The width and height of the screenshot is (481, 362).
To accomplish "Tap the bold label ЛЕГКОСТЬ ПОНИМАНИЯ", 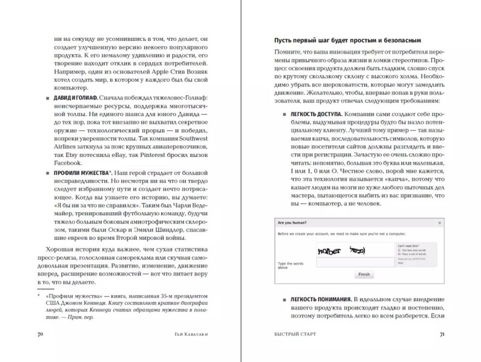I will (321, 299).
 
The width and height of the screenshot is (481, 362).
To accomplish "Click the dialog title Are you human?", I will (293, 222).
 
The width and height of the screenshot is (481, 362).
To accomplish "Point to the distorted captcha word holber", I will (329, 250).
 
